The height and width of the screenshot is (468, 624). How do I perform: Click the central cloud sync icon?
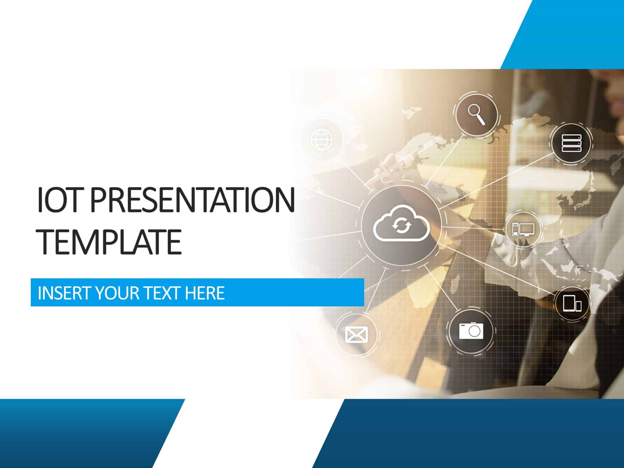coord(401,224)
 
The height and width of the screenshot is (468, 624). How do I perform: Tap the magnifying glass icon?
coord(477,114)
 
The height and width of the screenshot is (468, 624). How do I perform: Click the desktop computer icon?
coord(523,229)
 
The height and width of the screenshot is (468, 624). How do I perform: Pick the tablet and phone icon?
coord(572,303)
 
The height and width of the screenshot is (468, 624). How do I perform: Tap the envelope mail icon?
coord(356,334)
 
